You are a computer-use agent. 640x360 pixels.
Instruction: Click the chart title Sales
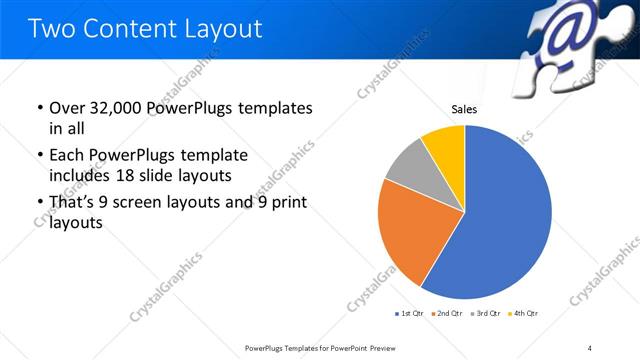pos(464,109)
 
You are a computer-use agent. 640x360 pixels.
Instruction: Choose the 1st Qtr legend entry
pos(411,314)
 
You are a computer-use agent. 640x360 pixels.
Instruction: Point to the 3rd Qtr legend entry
pos(487,314)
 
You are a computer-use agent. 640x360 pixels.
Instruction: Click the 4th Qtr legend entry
pos(525,314)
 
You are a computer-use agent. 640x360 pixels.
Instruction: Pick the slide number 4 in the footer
pos(590,347)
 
